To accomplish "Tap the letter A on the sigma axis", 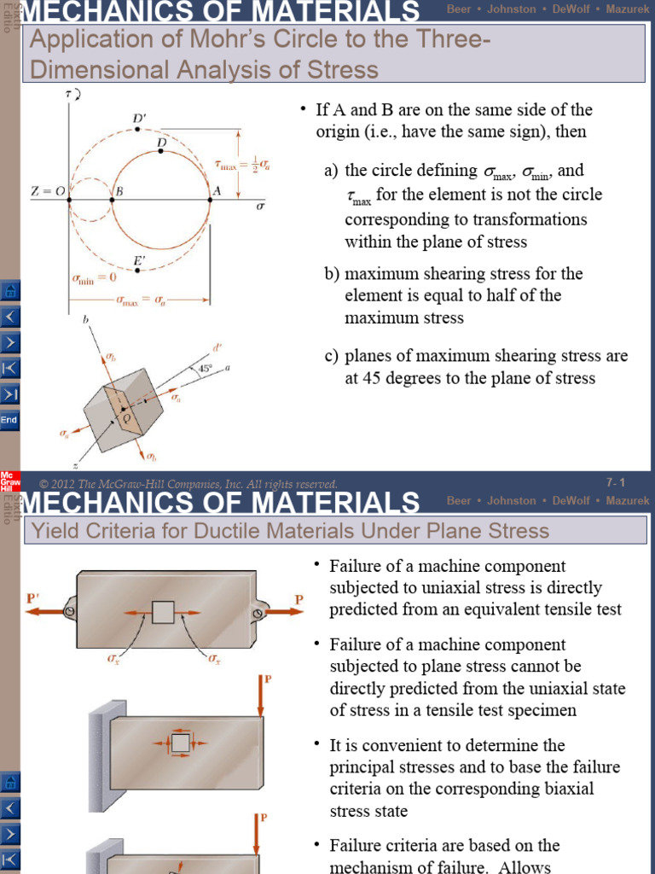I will click(217, 191).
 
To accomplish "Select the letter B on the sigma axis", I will click(119, 192).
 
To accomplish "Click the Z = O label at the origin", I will click(48, 191).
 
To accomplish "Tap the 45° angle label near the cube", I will click(205, 370).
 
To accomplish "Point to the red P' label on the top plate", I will click(32, 599).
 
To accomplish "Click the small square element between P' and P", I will click(162, 612).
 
